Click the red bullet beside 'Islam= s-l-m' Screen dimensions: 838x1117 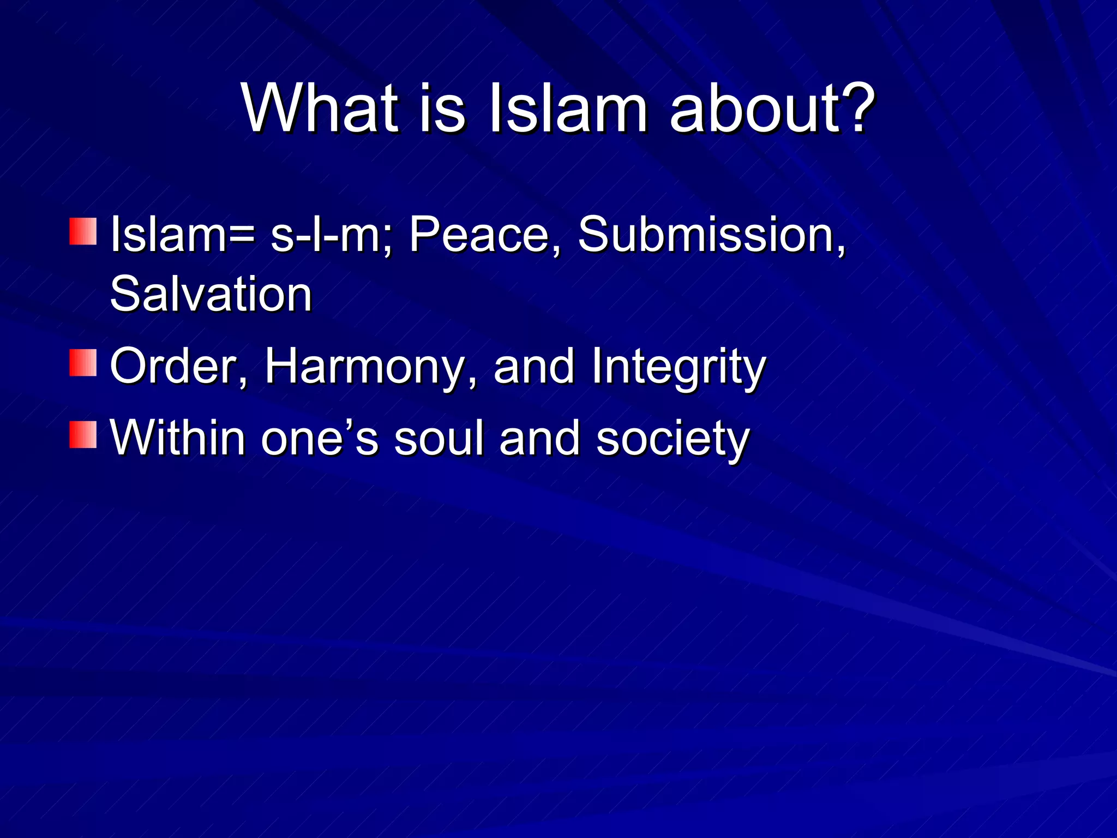[x=83, y=231]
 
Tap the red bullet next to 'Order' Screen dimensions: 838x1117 [x=83, y=363]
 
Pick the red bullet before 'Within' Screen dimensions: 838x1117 [x=83, y=434]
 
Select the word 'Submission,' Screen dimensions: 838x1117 [x=712, y=235]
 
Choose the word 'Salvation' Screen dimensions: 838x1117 [x=211, y=295]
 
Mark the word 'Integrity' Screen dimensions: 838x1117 [x=678, y=367]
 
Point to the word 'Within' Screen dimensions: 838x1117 [x=178, y=438]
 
